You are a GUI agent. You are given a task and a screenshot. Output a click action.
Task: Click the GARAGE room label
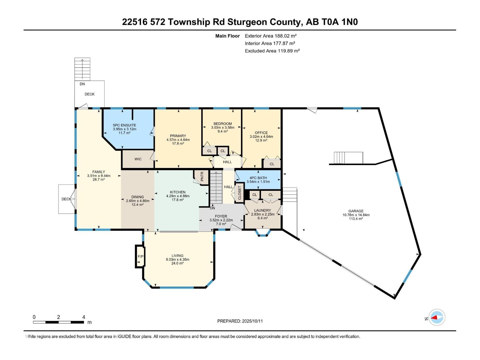click(x=356, y=211)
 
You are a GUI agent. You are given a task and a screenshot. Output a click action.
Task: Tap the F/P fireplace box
click(x=140, y=256)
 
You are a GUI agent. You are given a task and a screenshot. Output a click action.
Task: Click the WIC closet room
click(x=138, y=159)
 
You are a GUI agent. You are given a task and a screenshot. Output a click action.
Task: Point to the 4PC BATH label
click(x=258, y=178)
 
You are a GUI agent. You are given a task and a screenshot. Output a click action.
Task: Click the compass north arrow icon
click(x=436, y=317)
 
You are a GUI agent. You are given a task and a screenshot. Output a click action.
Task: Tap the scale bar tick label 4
click(x=84, y=317)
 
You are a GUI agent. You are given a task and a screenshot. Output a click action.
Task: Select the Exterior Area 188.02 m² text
click(x=271, y=36)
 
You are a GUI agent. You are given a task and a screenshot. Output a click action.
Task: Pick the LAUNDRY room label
click(x=262, y=210)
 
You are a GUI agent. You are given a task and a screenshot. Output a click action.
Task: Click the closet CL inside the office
click(x=272, y=164)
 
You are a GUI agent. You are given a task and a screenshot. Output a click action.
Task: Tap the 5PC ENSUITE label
click(x=124, y=125)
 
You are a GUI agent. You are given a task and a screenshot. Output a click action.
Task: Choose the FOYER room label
click(x=221, y=216)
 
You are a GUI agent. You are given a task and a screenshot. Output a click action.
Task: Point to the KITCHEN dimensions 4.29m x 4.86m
click(x=178, y=196)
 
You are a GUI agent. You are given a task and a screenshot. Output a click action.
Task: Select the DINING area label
click(x=137, y=197)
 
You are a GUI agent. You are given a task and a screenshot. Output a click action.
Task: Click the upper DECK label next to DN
click(x=89, y=94)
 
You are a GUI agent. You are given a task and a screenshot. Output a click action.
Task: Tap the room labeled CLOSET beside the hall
click(x=239, y=193)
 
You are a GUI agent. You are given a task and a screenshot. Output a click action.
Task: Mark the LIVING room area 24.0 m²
click(x=177, y=263)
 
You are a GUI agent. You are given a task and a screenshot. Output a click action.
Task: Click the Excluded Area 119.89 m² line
click(x=272, y=51)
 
